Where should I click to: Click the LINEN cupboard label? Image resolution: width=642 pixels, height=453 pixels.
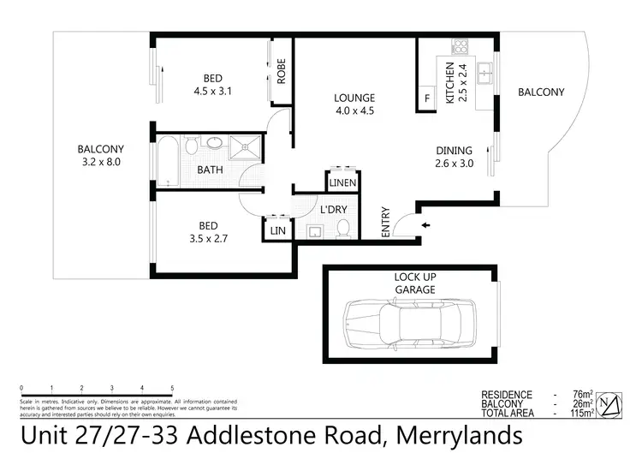342,183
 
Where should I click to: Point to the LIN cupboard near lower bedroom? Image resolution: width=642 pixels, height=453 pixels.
276,229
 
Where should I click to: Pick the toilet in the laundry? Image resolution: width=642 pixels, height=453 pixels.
343,228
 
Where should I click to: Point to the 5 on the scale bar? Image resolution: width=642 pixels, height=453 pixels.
172,388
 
